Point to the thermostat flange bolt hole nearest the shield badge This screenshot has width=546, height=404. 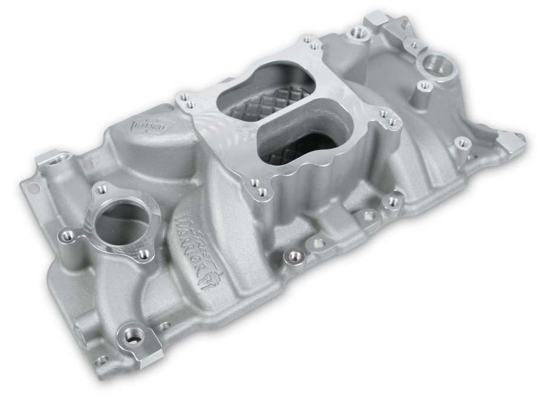(102, 188)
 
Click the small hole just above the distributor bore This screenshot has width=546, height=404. (415, 45)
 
